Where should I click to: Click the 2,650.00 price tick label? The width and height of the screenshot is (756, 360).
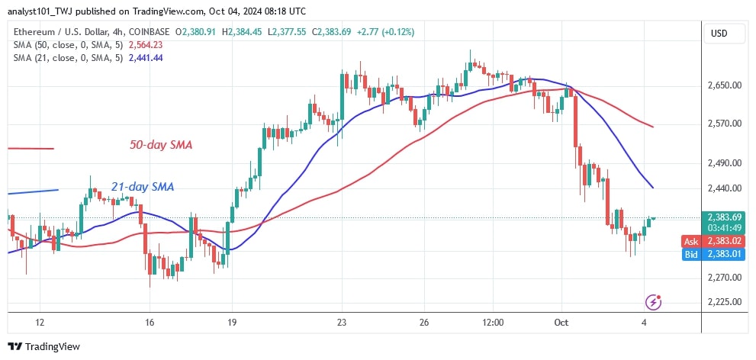[x=725, y=85]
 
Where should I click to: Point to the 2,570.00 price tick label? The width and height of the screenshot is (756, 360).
[x=725, y=124]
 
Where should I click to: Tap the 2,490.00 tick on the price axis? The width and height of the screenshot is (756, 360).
[x=725, y=163]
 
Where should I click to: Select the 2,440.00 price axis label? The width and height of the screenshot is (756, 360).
[x=725, y=188]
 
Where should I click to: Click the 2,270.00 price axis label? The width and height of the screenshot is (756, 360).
[x=725, y=278]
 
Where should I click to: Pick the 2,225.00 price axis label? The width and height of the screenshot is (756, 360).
[x=725, y=302]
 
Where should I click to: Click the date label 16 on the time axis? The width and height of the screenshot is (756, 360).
[x=150, y=323]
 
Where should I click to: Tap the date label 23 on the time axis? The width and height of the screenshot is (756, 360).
[x=343, y=323]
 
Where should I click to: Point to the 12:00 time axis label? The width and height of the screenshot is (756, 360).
[x=494, y=323]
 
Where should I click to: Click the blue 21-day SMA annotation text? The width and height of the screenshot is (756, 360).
[x=142, y=187]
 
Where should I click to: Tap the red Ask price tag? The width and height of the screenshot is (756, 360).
[x=725, y=241]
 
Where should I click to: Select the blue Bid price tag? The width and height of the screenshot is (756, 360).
[x=725, y=253]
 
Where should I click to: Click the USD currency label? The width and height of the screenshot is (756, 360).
[x=719, y=34]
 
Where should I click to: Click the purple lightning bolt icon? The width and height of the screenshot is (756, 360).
[x=652, y=302]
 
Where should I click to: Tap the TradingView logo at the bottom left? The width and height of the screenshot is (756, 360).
[x=44, y=346]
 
